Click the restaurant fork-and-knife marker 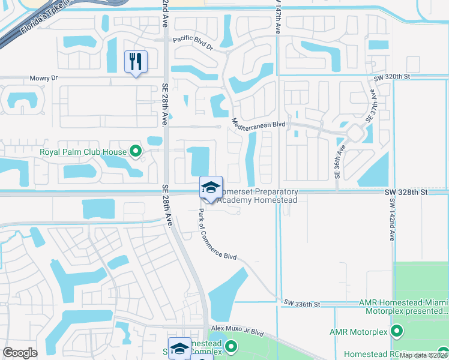pyautogui.click(x=136, y=61)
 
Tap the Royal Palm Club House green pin pyautogui.click(x=136, y=152)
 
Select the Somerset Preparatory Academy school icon pyautogui.click(x=211, y=187)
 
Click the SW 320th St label pyautogui.click(x=391, y=77)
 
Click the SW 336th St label pyautogui.click(x=303, y=304)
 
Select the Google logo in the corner pyautogui.click(x=20, y=353)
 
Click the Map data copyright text pyautogui.click(x=423, y=355)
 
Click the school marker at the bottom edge pyautogui.click(x=180, y=347)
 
